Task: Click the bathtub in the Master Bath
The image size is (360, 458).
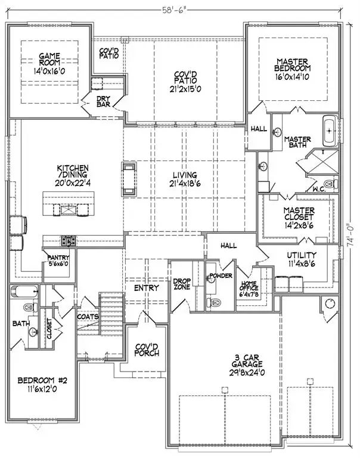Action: (330, 131)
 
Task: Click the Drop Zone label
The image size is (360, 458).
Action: (181, 284)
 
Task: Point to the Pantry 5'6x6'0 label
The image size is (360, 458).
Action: (60, 261)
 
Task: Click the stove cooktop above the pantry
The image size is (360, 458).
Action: (69, 242)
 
